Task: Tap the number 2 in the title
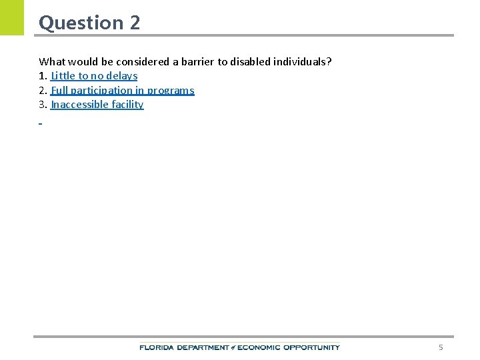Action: pos(135,23)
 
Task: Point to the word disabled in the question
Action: pos(249,61)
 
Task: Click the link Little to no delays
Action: pos(94,76)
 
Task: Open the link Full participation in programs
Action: pos(122,90)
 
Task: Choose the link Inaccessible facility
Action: pos(97,105)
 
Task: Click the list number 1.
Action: pos(43,76)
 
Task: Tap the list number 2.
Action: pos(43,90)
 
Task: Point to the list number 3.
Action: pos(43,105)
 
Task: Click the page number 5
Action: pos(440,347)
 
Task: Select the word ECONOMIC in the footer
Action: pos(259,347)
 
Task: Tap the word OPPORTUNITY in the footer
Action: pos(311,347)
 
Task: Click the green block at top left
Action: pos(11,17)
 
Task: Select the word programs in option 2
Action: pos(171,90)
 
